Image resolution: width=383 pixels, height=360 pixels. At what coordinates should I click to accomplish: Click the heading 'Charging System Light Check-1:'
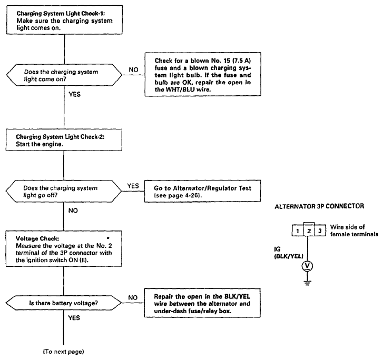click(x=61, y=14)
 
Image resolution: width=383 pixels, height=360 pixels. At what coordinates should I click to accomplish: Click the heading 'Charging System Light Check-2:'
click(x=60, y=137)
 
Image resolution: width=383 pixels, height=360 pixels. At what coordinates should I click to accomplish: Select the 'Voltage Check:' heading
click(x=37, y=238)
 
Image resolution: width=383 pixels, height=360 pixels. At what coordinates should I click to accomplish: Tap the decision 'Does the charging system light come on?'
click(x=64, y=75)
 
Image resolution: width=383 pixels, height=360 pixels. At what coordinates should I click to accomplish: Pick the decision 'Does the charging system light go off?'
click(x=64, y=192)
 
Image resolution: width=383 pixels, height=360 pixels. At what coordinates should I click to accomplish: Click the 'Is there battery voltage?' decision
click(x=64, y=303)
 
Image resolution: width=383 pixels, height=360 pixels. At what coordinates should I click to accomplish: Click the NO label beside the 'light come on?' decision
click(x=133, y=70)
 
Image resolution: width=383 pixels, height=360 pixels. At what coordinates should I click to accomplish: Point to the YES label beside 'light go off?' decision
click(x=133, y=186)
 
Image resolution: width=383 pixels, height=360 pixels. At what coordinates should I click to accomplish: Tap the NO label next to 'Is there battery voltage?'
click(x=133, y=297)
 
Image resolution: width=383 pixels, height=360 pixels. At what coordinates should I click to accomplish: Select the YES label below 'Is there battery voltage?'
click(x=74, y=318)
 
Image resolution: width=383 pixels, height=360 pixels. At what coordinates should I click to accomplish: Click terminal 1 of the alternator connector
click(x=298, y=231)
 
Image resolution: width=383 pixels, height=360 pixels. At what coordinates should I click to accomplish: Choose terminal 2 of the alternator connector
click(x=309, y=231)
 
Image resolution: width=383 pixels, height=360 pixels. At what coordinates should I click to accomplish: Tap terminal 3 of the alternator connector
click(x=320, y=231)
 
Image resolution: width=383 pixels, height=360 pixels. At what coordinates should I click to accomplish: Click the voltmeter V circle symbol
click(x=307, y=266)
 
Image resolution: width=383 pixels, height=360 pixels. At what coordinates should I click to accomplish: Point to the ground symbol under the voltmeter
click(x=307, y=283)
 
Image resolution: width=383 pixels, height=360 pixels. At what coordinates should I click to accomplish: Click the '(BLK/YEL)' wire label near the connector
click(x=289, y=256)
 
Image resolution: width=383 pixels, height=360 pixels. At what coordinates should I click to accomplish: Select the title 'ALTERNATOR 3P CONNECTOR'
click(x=319, y=206)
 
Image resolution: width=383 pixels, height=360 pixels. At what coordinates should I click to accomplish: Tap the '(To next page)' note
click(x=64, y=352)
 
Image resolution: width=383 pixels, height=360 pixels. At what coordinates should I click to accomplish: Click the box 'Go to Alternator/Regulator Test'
click(x=202, y=192)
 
